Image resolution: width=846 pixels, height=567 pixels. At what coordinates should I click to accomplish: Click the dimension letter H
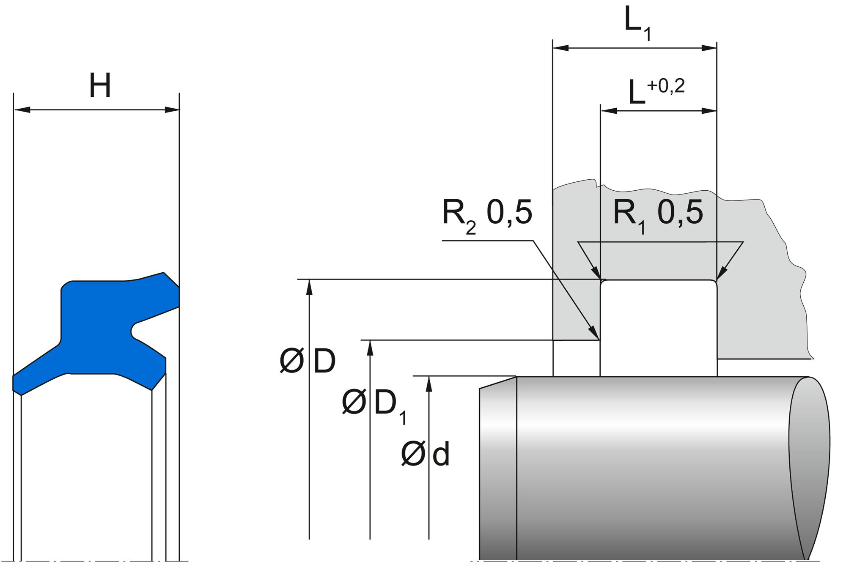point(100,86)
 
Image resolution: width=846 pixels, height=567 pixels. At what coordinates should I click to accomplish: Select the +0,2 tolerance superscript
point(665,86)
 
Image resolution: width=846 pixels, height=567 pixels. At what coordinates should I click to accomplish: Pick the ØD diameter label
point(308,362)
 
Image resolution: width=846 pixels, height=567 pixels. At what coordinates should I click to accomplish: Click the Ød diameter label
point(425,455)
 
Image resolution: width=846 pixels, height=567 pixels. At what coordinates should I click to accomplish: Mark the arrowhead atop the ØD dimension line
point(309,286)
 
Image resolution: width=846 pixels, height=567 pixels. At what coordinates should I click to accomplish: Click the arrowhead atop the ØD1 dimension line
point(370,347)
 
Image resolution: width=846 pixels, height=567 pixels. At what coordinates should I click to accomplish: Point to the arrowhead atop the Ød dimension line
point(429,383)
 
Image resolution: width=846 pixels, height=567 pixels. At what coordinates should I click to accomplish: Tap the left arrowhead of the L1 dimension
point(560,48)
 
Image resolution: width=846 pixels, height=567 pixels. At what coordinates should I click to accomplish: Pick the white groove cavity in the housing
point(658,328)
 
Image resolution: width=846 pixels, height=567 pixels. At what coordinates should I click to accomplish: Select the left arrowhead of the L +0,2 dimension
point(608,111)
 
